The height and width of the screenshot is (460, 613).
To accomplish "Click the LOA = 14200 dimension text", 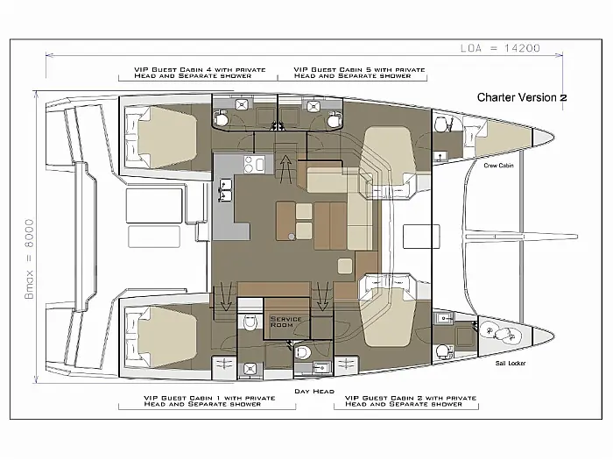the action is [500, 48].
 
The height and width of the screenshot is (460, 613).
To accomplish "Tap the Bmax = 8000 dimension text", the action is [29, 259].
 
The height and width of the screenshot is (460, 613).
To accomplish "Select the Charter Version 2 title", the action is [522, 97].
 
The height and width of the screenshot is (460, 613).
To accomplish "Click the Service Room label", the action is [285, 322].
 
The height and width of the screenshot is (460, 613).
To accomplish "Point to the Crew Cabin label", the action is [498, 166].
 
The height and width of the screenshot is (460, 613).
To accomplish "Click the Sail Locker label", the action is [511, 363].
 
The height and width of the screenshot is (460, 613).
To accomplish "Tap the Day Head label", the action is [314, 391].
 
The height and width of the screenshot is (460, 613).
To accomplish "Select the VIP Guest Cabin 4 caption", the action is [200, 73].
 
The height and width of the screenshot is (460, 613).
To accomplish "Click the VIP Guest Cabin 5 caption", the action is [359, 73].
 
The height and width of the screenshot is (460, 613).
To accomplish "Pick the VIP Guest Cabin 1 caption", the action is [209, 401].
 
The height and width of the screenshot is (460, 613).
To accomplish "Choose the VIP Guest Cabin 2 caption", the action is [411, 401].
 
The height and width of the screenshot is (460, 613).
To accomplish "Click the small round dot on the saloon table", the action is [292, 236].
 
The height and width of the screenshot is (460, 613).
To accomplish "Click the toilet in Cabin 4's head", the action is [221, 117].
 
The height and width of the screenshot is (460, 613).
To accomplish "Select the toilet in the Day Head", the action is [302, 352].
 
